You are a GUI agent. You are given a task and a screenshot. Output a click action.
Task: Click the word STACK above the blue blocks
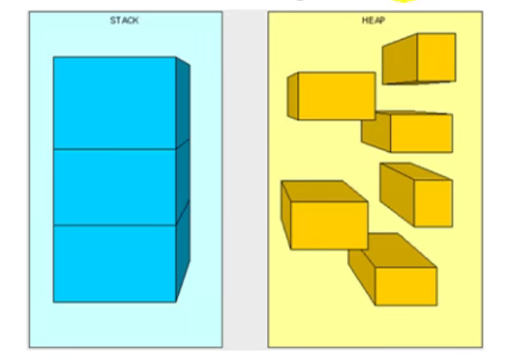click(125, 20)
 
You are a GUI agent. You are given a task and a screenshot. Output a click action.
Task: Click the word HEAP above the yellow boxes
click(373, 20)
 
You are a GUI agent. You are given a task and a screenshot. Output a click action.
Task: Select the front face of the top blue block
click(115, 103)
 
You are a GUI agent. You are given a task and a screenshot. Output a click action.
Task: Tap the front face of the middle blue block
click(115, 188)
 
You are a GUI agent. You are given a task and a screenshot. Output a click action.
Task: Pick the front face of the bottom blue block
click(115, 263)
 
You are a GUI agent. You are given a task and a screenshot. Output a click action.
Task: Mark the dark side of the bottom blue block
click(183, 255)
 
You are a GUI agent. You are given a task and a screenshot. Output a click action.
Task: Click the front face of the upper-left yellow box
click(336, 96)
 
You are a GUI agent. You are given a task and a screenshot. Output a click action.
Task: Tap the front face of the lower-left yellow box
click(329, 225)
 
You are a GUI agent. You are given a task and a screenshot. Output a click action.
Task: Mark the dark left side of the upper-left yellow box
click(292, 96)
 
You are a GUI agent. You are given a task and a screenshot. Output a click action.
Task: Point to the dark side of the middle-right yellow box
click(396, 192)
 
